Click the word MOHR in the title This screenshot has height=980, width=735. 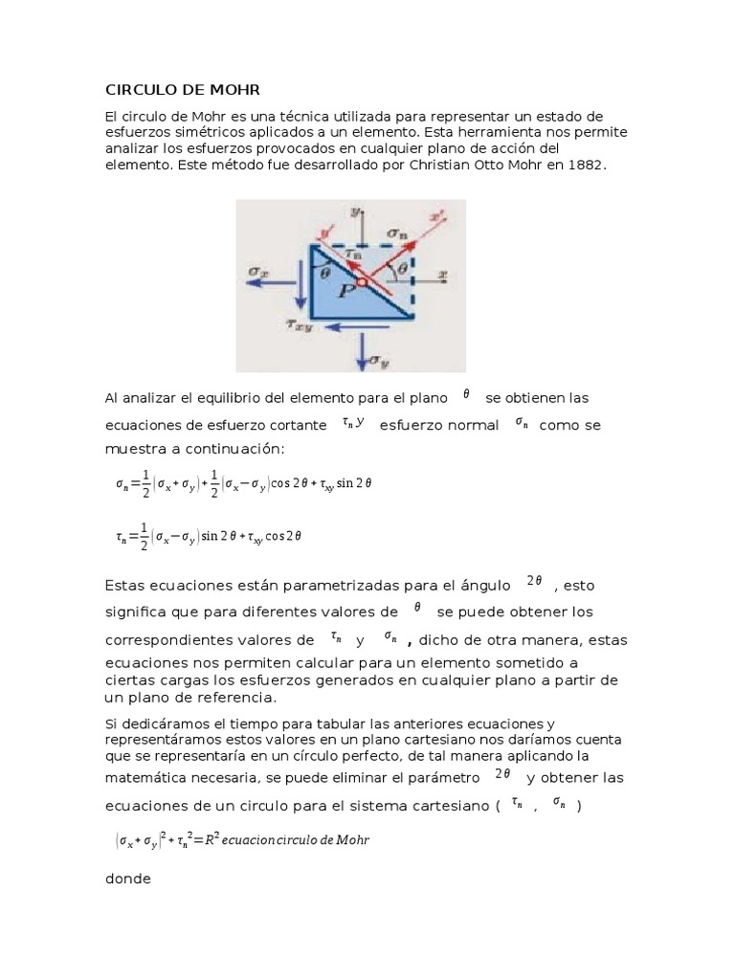pos(234,90)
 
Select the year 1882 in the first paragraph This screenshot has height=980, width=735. pos(586,165)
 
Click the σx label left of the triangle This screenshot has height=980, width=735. pos(256,272)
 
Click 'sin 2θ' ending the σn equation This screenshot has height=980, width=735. pos(352,483)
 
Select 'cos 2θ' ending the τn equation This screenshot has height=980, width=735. pos(284,537)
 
